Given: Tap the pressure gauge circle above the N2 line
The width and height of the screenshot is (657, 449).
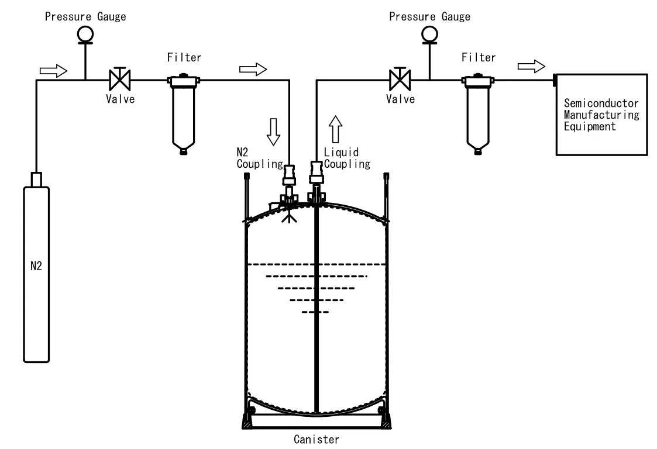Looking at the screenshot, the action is point(85,34).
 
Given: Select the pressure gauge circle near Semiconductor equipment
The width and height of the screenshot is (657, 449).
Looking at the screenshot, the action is point(430,34).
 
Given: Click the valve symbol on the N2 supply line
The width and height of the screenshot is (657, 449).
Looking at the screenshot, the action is point(120,79).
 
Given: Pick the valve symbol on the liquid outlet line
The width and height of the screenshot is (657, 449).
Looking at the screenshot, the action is point(400,79).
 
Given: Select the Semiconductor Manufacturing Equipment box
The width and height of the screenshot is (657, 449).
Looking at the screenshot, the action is point(601,115).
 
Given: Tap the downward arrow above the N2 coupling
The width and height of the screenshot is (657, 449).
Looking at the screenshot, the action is point(274,132).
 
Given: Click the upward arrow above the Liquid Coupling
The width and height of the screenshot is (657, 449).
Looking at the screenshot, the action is point(336,129).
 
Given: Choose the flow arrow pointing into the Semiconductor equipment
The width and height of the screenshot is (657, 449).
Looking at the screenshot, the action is point(531,66).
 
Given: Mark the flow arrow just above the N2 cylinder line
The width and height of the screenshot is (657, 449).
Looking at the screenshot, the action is point(53,70).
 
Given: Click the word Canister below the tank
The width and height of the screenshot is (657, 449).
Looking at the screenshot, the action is point(317,440).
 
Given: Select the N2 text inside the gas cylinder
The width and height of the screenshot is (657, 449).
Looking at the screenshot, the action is point(36,266).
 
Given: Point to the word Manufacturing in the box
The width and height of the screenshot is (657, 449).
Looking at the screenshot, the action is point(601,115).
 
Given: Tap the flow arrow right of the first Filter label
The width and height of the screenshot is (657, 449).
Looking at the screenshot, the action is point(253,69).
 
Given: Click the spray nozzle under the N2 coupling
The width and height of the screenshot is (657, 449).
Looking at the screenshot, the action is point(289,216).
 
